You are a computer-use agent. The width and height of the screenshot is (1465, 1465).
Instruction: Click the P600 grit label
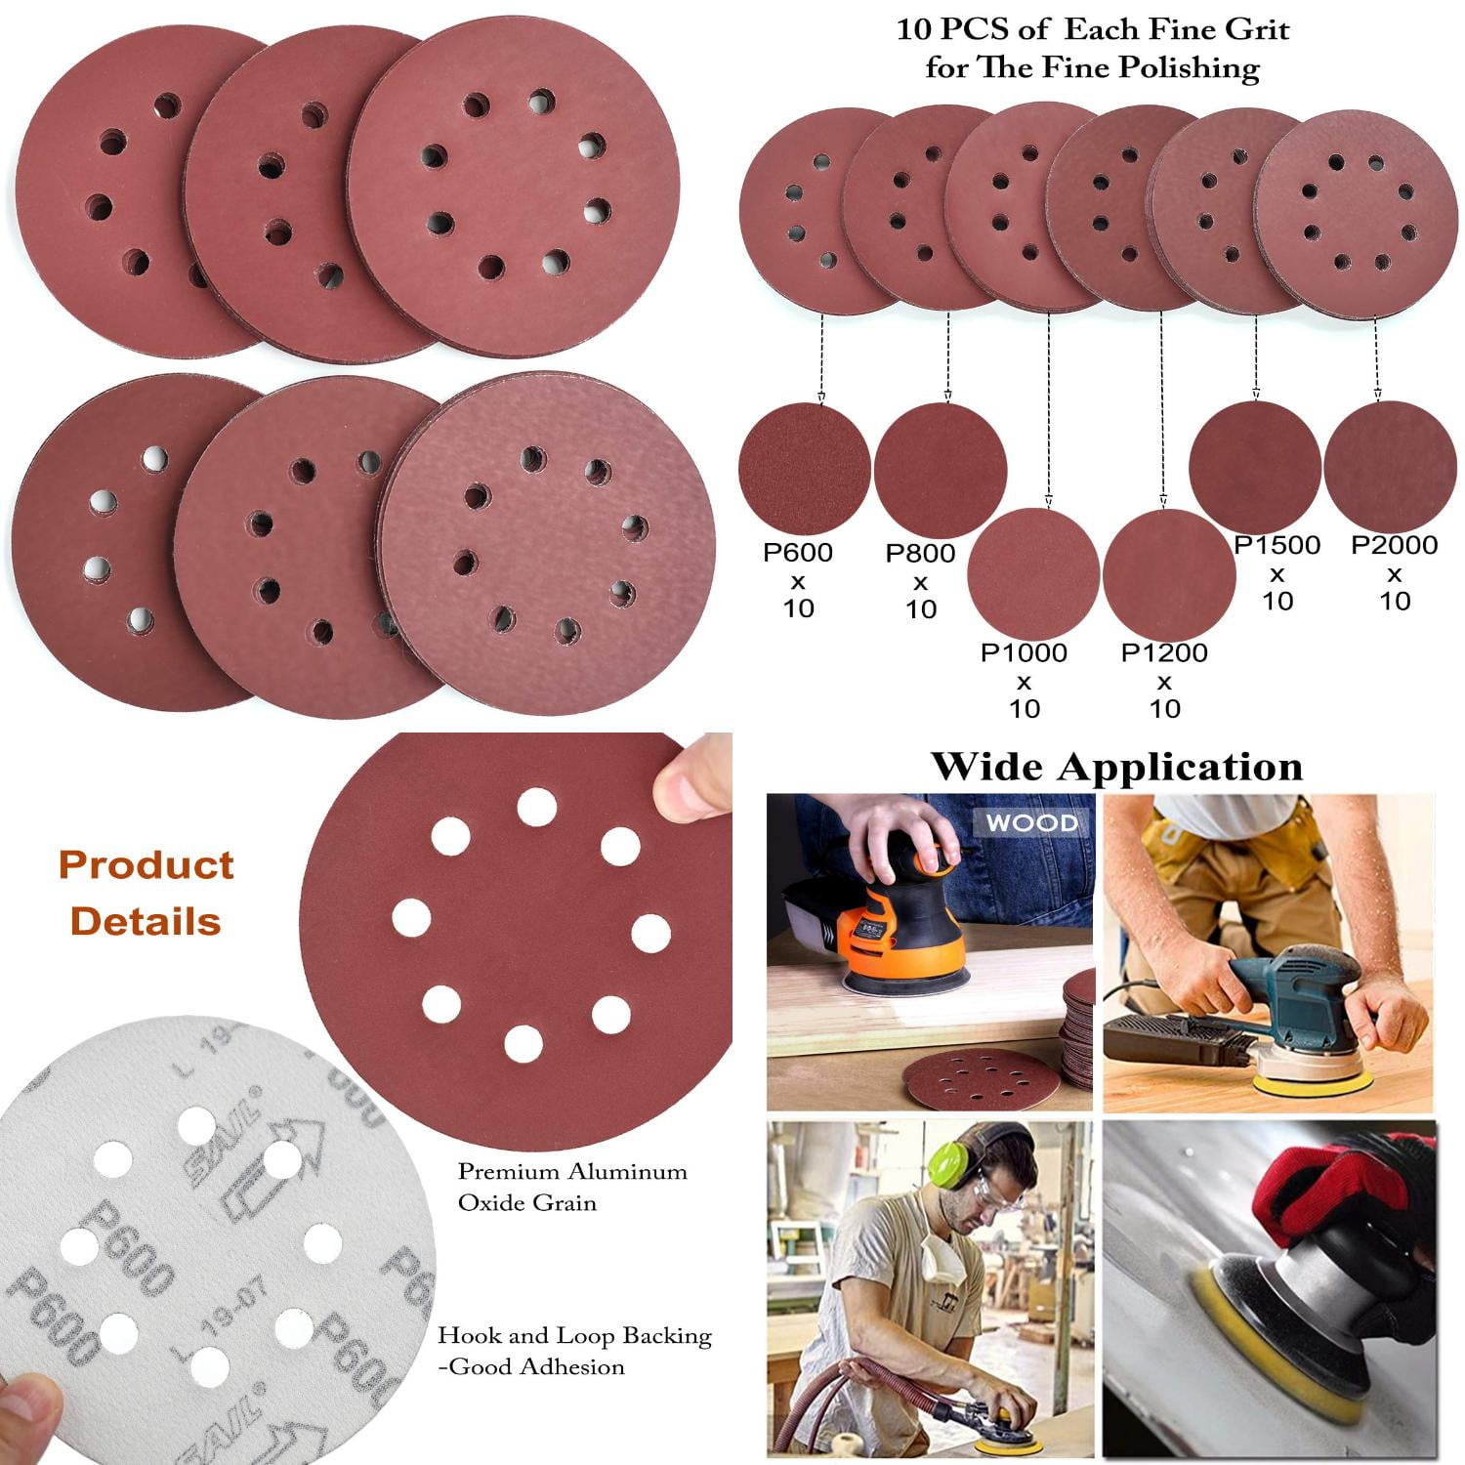(797, 553)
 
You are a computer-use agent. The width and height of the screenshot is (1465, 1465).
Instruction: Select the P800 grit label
(919, 554)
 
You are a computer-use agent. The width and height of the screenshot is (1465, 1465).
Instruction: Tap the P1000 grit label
(1024, 652)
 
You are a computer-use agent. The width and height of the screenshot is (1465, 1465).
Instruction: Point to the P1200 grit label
(1163, 652)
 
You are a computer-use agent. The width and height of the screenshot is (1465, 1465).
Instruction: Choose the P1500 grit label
(1277, 545)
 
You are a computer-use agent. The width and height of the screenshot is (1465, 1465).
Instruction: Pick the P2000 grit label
(1394, 545)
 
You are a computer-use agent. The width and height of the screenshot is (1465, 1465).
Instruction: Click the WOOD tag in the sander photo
(1031, 822)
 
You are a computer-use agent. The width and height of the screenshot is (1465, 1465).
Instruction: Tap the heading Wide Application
(1116, 767)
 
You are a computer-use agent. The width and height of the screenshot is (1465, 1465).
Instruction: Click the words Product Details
(146, 893)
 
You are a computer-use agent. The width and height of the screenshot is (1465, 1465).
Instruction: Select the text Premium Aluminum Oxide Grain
(572, 1187)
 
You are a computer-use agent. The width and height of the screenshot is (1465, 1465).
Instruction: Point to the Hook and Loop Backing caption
(574, 1350)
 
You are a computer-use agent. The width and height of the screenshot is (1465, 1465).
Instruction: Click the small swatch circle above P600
(804, 467)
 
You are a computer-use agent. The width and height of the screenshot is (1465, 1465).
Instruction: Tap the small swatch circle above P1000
(1032, 571)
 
